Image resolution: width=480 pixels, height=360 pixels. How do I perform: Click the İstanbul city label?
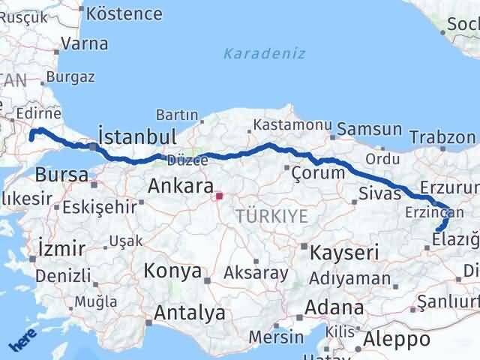[137, 137]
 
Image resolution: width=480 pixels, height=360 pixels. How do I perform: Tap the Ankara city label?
[179, 184]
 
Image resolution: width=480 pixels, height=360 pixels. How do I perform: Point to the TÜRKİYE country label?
[271, 216]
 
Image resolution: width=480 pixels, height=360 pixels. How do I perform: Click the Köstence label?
[124, 13]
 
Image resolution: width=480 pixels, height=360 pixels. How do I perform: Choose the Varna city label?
[85, 43]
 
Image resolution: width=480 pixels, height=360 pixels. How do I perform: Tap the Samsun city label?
[370, 130]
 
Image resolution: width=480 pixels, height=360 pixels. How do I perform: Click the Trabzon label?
[442, 136]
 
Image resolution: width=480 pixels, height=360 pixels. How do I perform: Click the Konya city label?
[172, 271]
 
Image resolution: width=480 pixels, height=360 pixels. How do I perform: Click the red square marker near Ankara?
[219, 196]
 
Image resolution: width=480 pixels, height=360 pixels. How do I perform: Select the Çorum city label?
[319, 172]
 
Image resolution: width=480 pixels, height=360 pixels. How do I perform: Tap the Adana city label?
[336, 307]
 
